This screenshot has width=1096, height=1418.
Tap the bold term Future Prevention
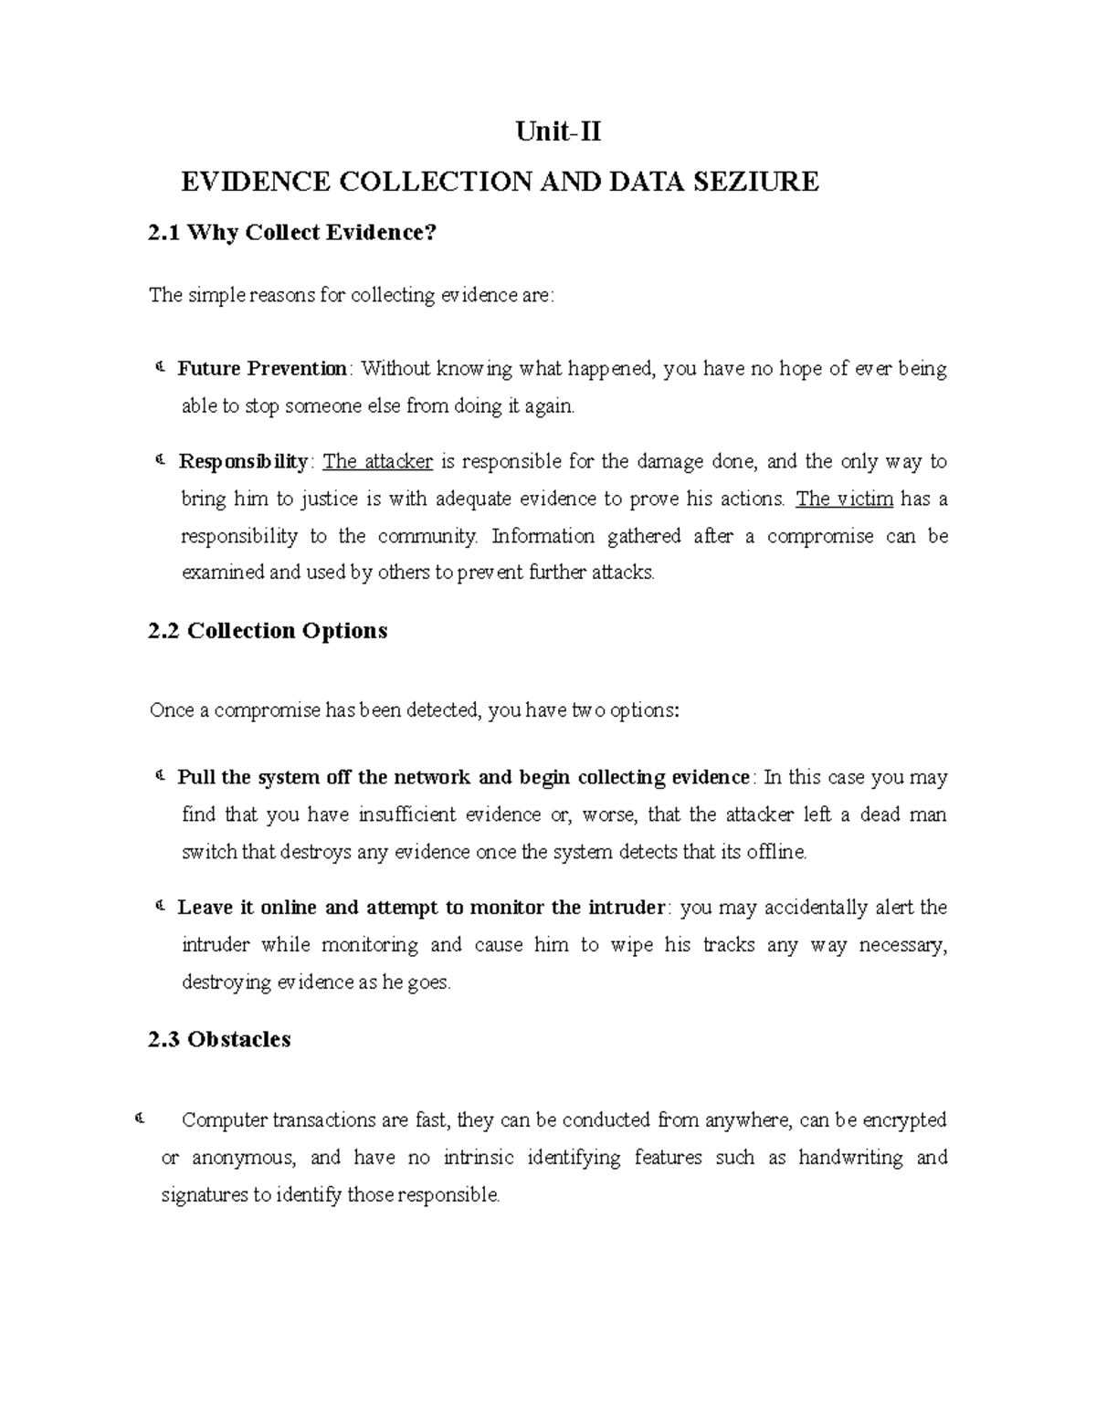(262, 369)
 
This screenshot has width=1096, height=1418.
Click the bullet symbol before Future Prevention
(159, 368)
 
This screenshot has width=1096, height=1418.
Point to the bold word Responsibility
(243, 461)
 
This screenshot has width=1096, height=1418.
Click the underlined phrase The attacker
(378, 461)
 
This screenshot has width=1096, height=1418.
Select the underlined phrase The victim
(845, 499)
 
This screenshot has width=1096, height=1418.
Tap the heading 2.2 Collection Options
(268, 631)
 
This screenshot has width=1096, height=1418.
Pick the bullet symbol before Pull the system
(159, 777)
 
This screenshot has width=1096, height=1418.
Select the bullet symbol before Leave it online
(159, 907)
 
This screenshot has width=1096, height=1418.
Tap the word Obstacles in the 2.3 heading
(238, 1039)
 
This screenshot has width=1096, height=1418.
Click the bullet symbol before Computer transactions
(139, 1119)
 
